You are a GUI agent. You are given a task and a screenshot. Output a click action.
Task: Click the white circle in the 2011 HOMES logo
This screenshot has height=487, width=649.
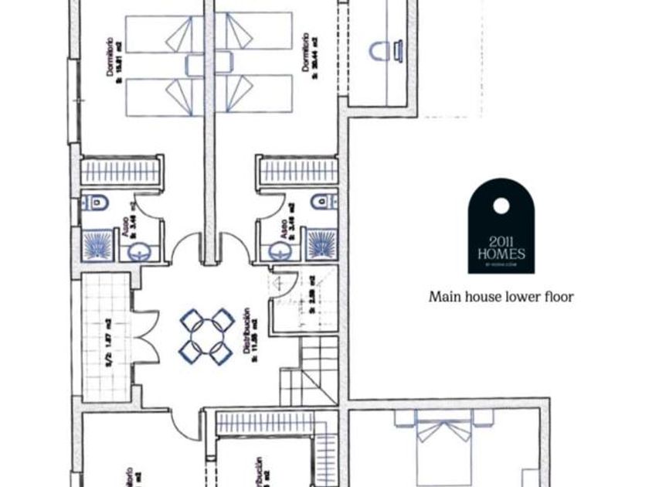point(501,205)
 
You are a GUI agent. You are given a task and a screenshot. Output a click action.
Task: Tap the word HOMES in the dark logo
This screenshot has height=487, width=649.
point(501,254)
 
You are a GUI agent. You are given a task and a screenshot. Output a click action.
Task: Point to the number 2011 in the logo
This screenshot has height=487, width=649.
point(501,240)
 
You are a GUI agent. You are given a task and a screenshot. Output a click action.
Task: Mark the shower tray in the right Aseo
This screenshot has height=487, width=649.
point(321,243)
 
